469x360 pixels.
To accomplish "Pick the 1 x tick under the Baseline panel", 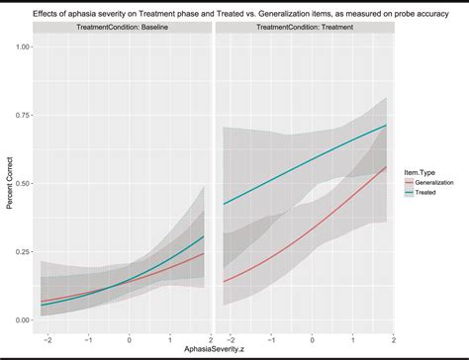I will click(169, 337).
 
